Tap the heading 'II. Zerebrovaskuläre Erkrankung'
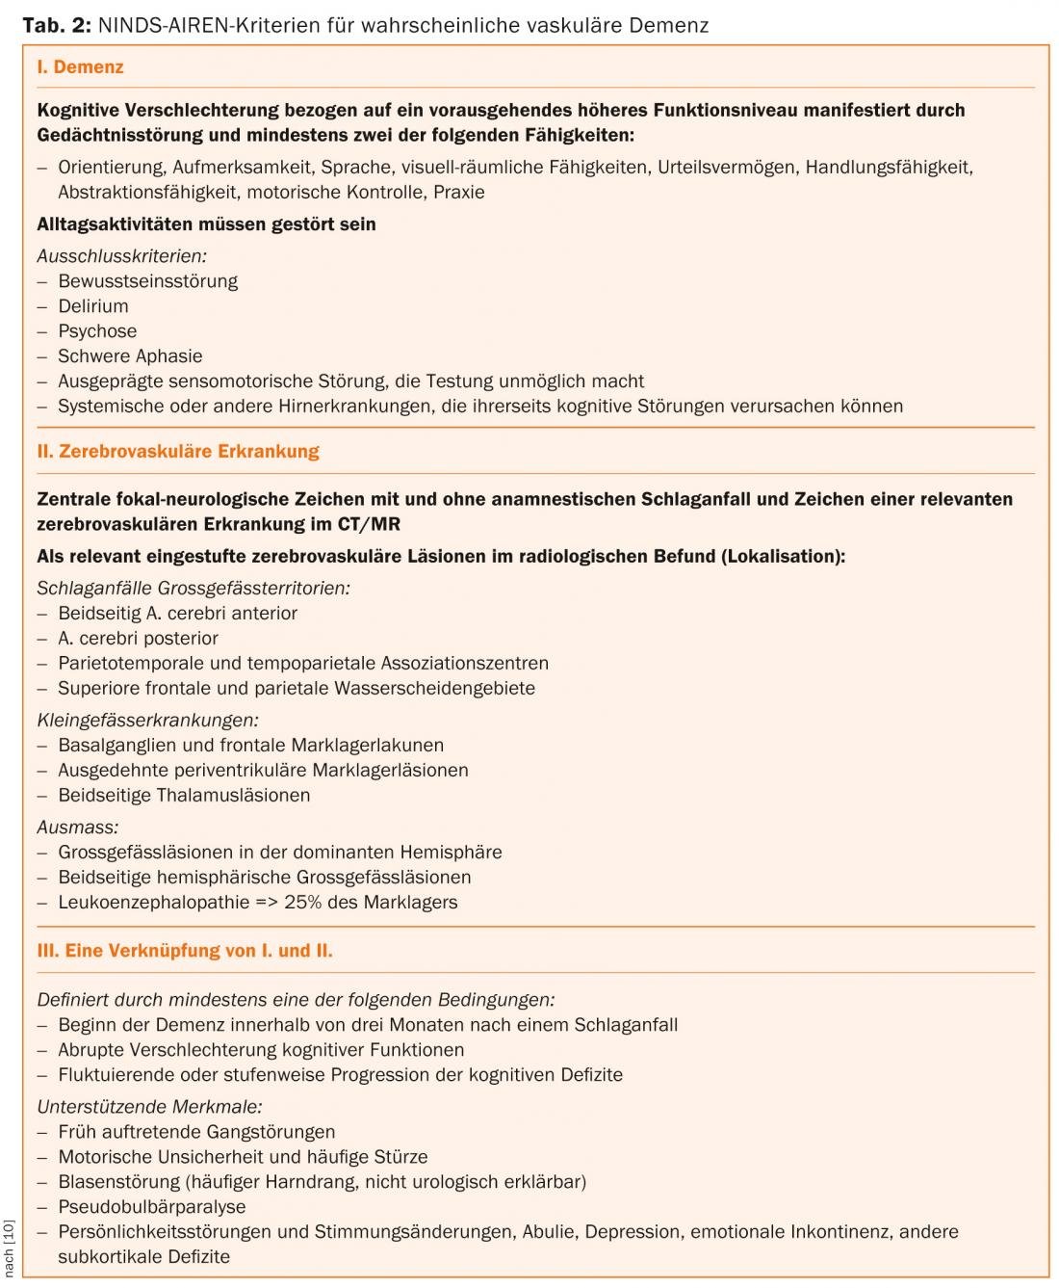(x=178, y=451)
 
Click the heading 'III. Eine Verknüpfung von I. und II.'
(x=185, y=951)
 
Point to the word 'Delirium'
(x=93, y=306)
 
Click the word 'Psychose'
(x=97, y=331)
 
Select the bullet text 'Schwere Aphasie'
(x=130, y=356)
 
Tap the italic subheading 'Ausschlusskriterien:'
(x=122, y=256)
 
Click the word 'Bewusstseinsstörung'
(x=147, y=281)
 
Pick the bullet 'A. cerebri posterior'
(x=138, y=639)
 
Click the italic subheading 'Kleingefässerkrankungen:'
(x=148, y=721)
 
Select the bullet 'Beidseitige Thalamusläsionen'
(x=184, y=796)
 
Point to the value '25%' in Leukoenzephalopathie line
(x=304, y=903)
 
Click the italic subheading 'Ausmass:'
(x=78, y=828)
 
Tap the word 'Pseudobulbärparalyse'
(x=152, y=1207)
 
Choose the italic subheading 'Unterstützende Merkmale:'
(x=150, y=1108)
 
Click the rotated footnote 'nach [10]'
(x=10, y=1248)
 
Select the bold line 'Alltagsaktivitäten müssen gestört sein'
(x=206, y=224)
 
